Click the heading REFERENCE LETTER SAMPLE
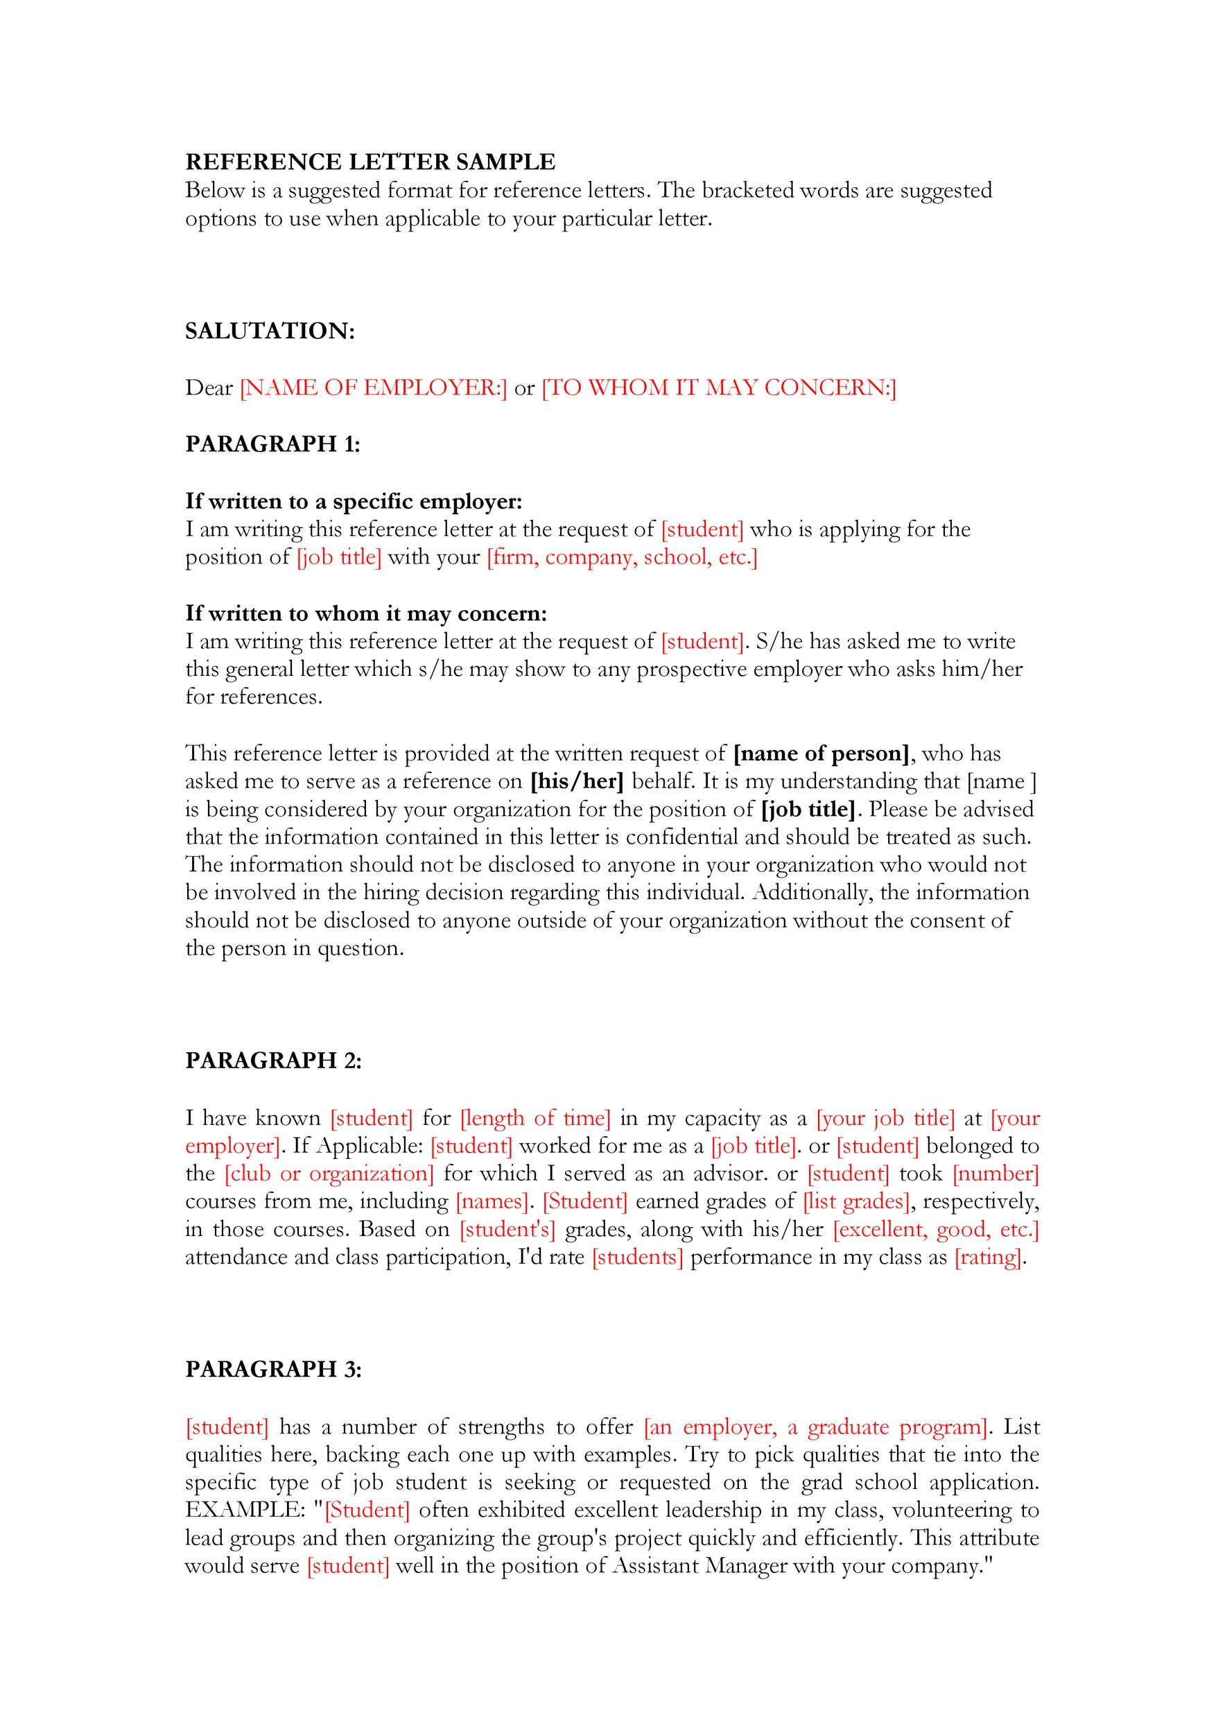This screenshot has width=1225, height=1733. tap(370, 162)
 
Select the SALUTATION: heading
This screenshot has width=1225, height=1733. tap(270, 331)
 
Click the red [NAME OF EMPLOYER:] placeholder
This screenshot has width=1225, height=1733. tap(374, 387)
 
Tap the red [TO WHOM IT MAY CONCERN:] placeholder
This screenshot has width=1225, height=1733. tap(718, 387)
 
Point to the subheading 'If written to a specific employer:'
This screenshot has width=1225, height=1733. tap(354, 501)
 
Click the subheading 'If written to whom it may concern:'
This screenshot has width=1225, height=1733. tap(366, 613)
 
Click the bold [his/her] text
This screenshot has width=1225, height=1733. tap(577, 781)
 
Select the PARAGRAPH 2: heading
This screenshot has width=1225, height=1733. tap(273, 1061)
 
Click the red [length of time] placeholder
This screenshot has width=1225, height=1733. tap(535, 1118)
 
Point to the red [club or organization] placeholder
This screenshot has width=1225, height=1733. tap(329, 1174)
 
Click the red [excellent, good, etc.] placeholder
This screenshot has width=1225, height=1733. tap(936, 1230)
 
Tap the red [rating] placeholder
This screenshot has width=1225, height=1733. tap(988, 1257)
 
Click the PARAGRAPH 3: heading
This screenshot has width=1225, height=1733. tap(273, 1369)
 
